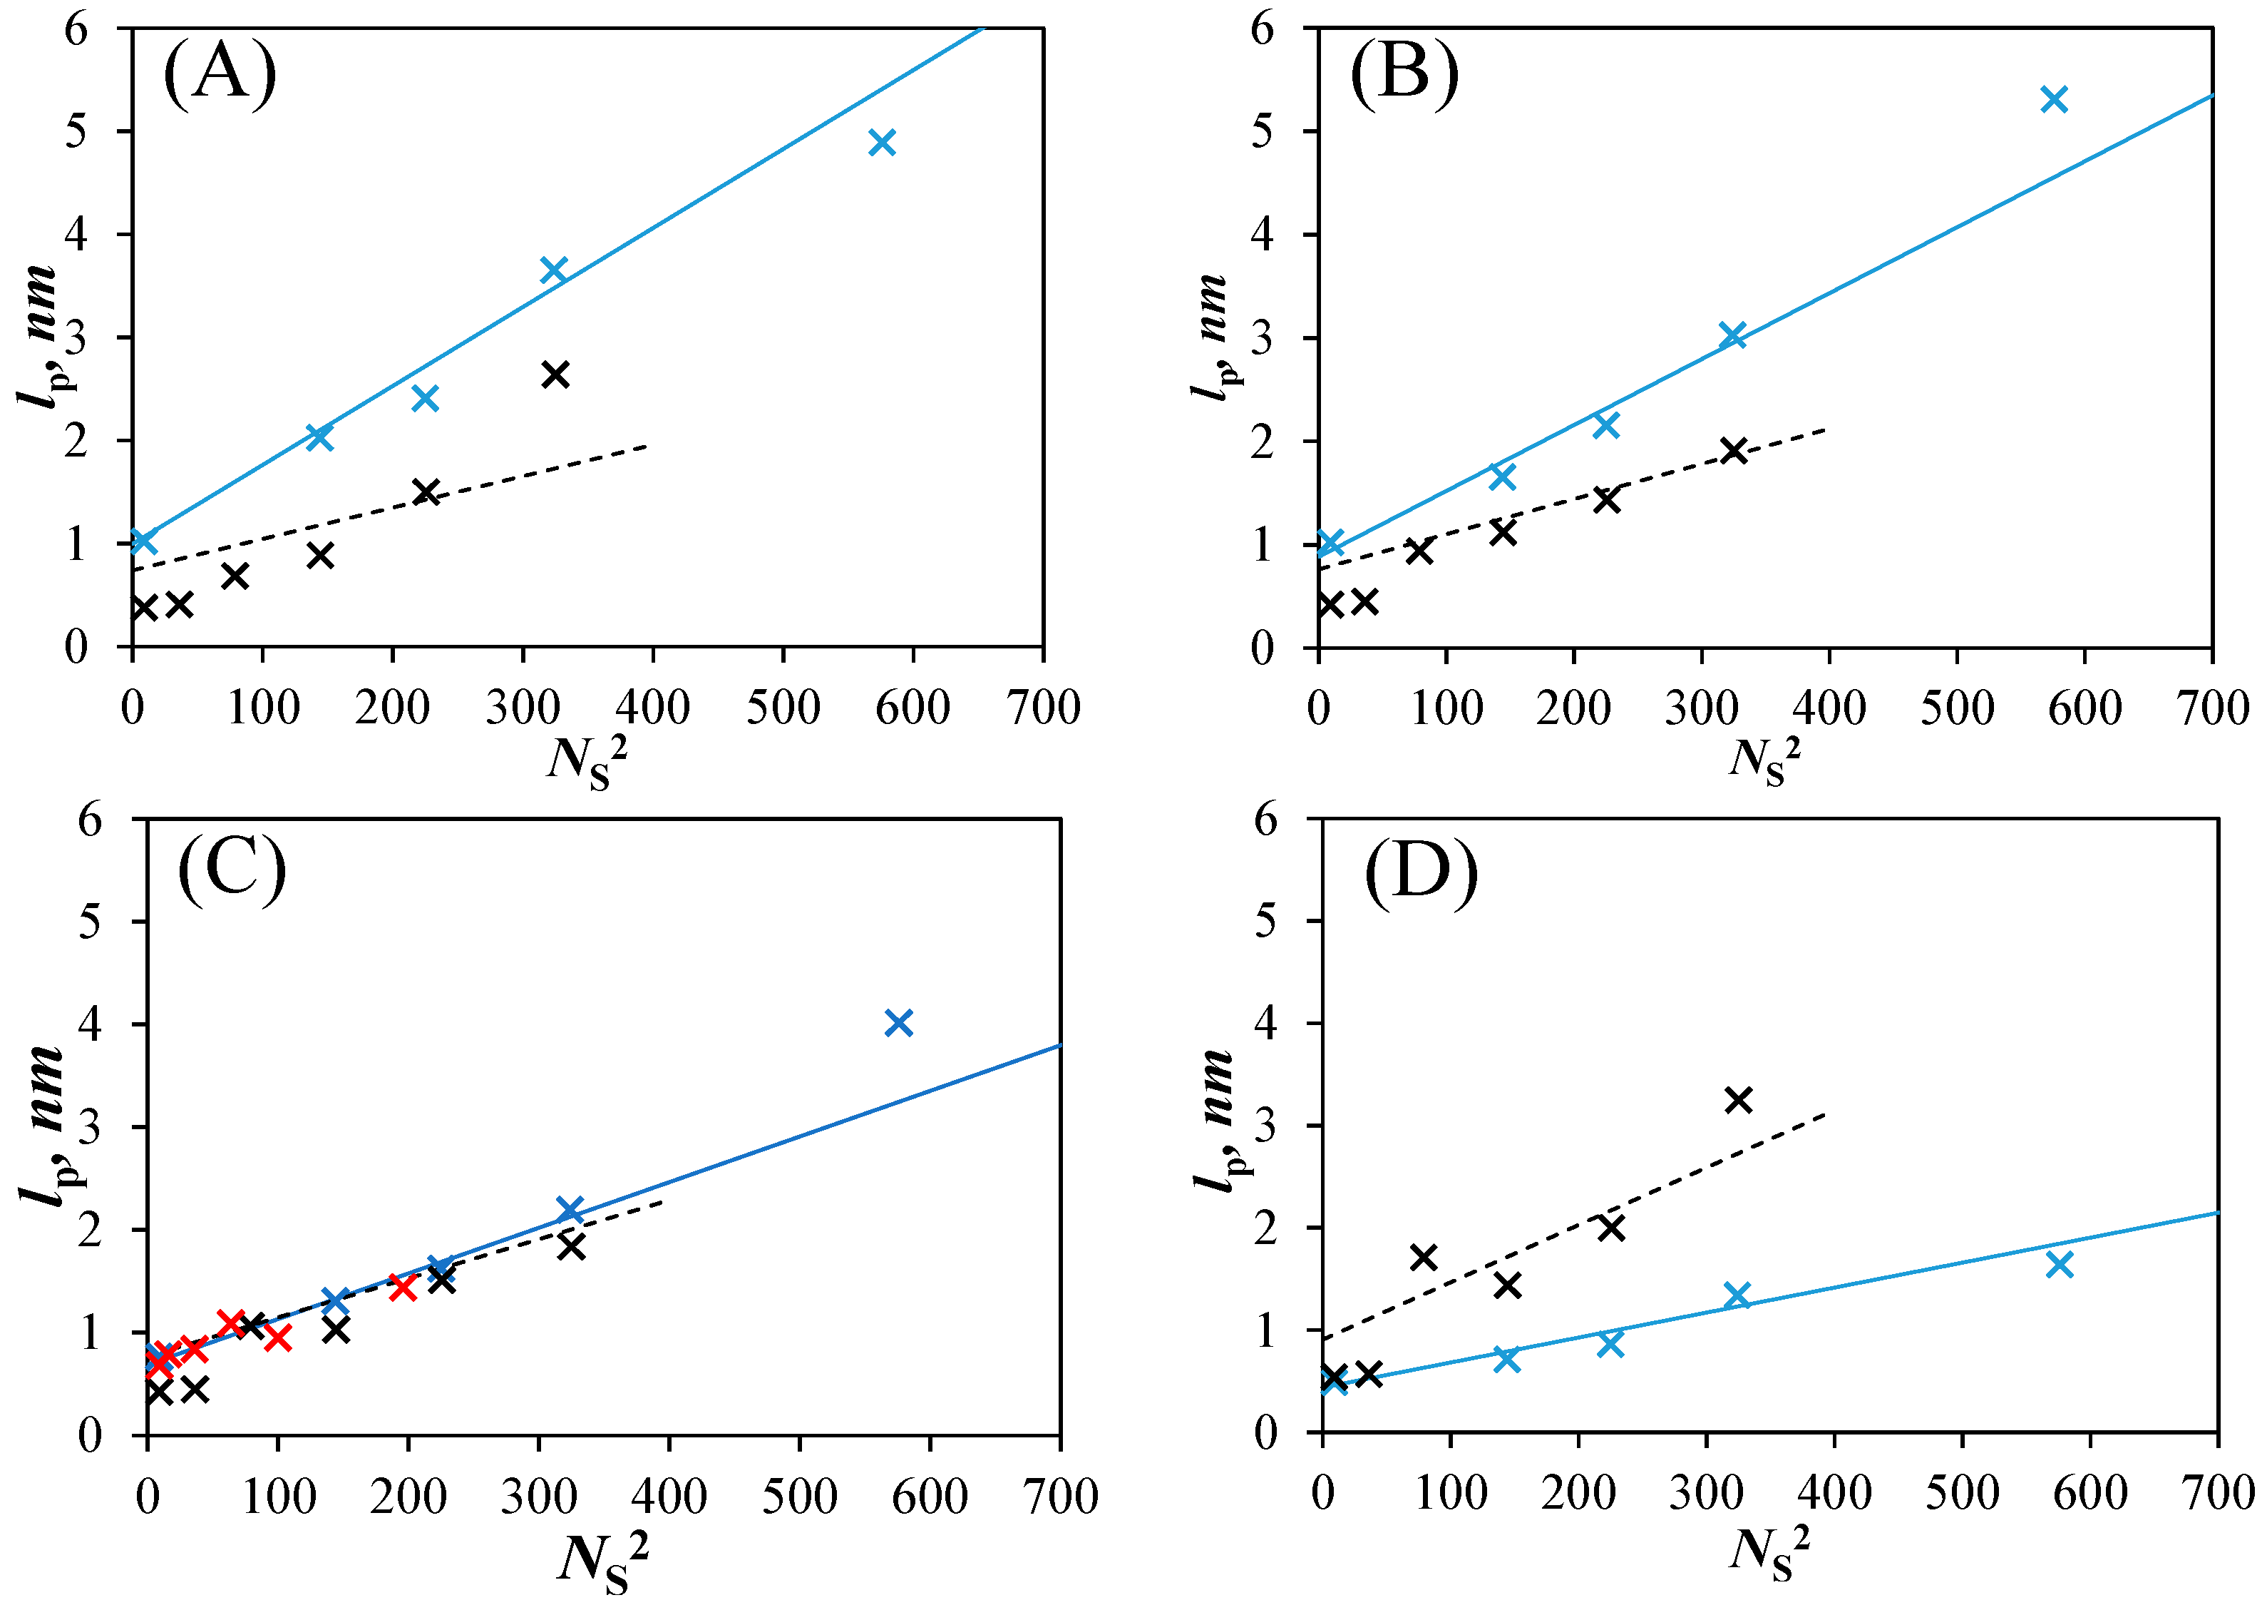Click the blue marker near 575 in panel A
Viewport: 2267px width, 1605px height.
pyautogui.click(x=882, y=143)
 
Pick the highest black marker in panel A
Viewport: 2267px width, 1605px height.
pyautogui.click(x=555, y=374)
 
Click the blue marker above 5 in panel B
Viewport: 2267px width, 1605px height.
pyautogui.click(x=2054, y=99)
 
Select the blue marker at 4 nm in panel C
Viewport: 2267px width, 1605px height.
pyautogui.click(x=898, y=1023)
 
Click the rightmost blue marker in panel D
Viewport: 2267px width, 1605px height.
pyautogui.click(x=2059, y=1264)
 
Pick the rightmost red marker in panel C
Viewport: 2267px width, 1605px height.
pyautogui.click(x=402, y=1287)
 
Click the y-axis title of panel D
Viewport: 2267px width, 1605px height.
pyautogui.click(x=1214, y=1123)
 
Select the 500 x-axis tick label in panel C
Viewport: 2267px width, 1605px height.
pyautogui.click(x=799, y=1497)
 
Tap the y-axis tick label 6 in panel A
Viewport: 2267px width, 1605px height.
pyautogui.click(x=77, y=30)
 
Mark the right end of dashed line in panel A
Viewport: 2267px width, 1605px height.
pyautogui.click(x=647, y=446)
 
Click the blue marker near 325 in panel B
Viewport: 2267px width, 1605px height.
pyautogui.click(x=1732, y=335)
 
